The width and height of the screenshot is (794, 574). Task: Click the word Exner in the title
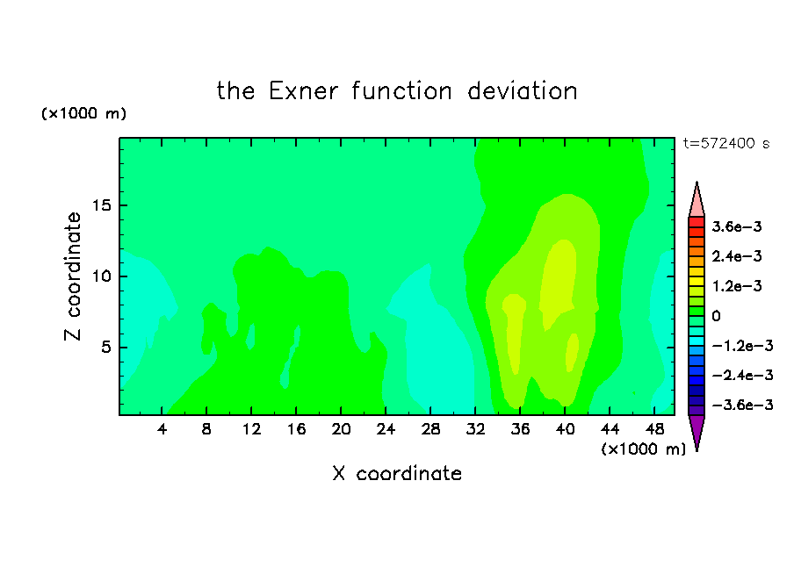pos(303,91)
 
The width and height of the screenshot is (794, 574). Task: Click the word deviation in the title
pos(522,91)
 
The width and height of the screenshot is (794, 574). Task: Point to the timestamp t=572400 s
pos(726,143)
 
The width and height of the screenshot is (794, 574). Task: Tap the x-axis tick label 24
pos(386,429)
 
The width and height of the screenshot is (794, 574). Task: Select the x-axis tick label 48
pos(654,429)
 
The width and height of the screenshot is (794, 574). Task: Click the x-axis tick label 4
pos(162,429)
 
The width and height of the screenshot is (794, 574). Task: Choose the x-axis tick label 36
pos(520,429)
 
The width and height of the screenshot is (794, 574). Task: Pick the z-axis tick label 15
pos(101,205)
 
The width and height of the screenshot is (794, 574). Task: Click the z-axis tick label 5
pos(105,348)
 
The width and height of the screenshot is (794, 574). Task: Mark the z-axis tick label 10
pos(101,276)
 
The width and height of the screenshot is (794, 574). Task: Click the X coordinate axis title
pos(397,473)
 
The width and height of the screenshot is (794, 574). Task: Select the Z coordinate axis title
pos(73,276)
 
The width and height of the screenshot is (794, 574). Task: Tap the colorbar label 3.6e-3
pos(737,226)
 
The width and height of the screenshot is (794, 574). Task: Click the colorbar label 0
pos(716,316)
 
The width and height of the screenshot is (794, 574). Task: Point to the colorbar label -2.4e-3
pos(742,375)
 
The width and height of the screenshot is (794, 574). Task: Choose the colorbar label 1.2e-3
pos(737,286)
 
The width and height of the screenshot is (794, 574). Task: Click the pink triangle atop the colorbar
pos(697,201)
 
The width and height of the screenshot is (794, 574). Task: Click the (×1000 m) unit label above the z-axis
pos(83,113)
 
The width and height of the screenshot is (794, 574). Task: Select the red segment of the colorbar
pos(697,222)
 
